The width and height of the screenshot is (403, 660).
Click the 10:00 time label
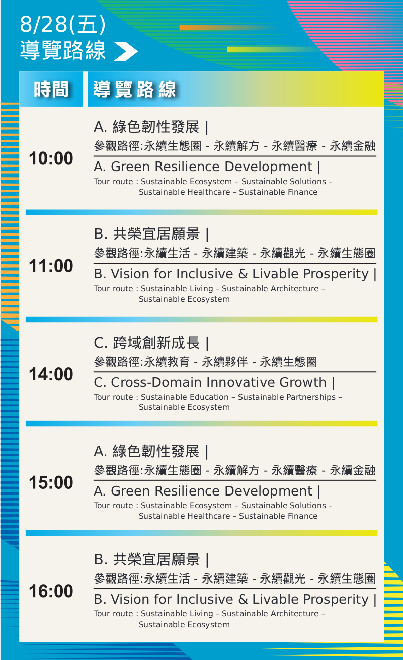tap(51, 159)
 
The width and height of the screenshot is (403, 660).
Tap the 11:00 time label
tap(51, 266)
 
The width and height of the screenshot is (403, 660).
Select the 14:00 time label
tap(51, 374)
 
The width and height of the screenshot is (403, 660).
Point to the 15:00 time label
tap(51, 482)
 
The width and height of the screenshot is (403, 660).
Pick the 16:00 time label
tap(51, 591)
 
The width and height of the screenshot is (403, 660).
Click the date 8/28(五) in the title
tap(63, 24)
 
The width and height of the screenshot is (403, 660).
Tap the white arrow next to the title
tap(126, 51)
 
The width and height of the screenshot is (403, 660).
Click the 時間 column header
tap(51, 89)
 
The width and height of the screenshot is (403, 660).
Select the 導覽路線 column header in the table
tap(135, 89)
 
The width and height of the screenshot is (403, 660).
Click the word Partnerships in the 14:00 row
tap(287, 397)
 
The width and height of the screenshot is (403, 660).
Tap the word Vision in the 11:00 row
tap(130, 274)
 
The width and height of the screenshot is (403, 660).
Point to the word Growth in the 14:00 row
tap(303, 382)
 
